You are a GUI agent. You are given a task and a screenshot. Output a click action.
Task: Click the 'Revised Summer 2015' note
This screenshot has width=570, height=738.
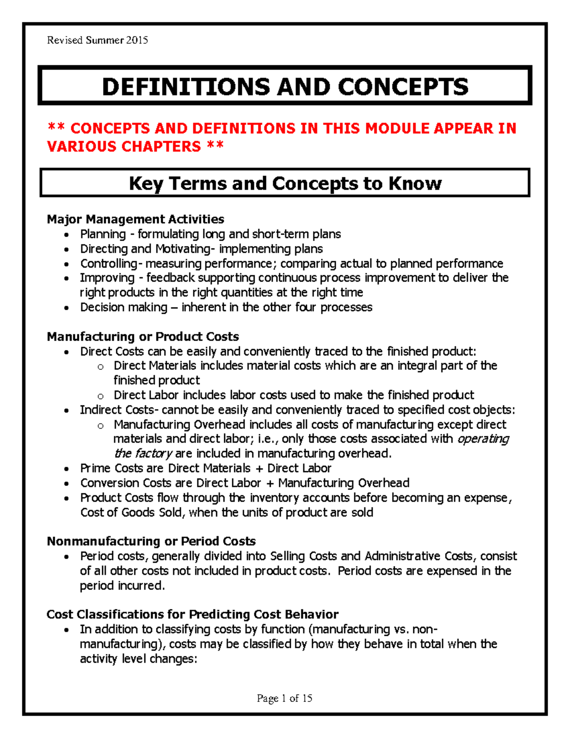(x=97, y=40)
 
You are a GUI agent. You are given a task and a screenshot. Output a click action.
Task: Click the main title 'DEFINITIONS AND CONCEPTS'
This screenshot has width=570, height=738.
(x=285, y=87)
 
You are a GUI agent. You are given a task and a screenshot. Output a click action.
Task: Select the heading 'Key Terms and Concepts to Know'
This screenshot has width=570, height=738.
(x=285, y=183)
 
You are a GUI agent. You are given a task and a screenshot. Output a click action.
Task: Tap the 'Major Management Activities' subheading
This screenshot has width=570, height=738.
(x=135, y=219)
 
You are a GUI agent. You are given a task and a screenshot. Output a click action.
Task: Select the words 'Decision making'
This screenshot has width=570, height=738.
(x=123, y=307)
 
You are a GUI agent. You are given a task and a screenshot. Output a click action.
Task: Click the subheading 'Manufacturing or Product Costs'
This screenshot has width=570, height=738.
(x=142, y=336)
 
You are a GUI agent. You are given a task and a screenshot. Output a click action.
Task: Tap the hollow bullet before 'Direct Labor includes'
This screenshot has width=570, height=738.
(x=100, y=396)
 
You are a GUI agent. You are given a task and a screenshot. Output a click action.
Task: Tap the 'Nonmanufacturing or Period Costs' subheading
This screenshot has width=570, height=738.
(x=151, y=541)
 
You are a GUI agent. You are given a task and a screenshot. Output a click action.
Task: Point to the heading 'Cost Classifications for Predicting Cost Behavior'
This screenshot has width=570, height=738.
(x=192, y=614)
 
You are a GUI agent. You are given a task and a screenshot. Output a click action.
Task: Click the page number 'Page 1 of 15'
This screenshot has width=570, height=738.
(x=284, y=698)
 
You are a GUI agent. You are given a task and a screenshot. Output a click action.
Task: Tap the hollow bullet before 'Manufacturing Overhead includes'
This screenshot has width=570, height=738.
(x=100, y=426)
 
